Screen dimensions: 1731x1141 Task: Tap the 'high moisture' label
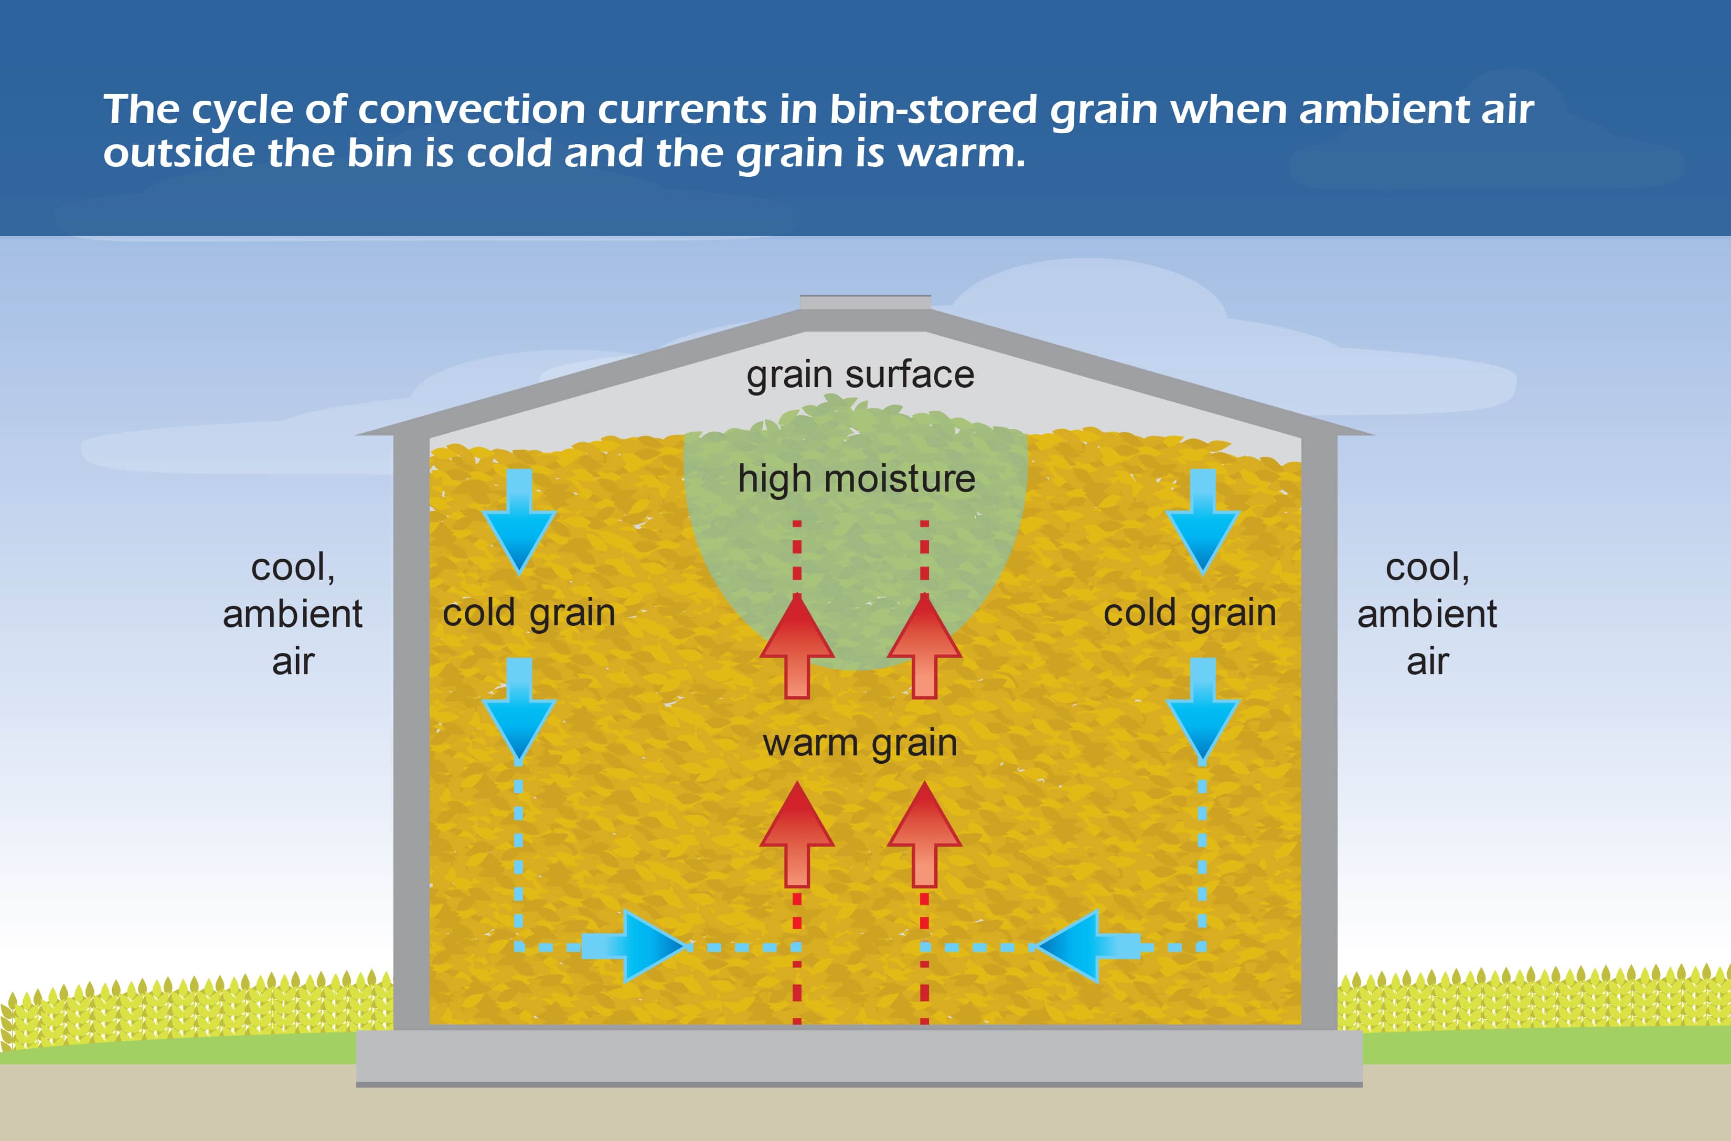857,479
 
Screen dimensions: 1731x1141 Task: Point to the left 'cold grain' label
529,613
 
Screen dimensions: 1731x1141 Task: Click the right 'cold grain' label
1190,613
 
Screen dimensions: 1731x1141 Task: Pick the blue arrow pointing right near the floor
633,946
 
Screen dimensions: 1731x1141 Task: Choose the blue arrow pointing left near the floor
1088,946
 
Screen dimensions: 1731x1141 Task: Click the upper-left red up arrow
797,646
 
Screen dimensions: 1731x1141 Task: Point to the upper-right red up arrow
925,646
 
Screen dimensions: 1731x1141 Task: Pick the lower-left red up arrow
797,835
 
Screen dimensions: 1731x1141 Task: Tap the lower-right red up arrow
925,835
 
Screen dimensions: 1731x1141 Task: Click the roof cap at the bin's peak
865,303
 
